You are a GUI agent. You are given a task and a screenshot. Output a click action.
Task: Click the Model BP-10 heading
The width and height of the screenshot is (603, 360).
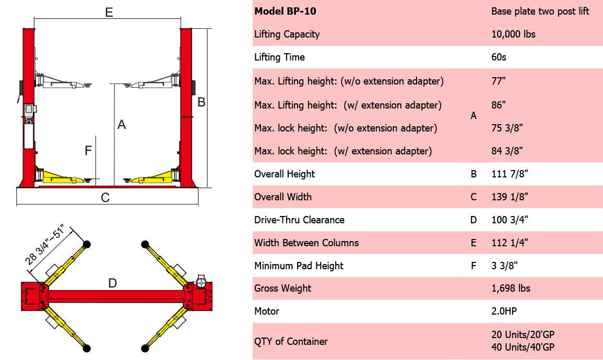(x=285, y=11)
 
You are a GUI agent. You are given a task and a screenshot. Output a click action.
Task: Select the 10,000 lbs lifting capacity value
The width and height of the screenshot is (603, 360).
(x=513, y=34)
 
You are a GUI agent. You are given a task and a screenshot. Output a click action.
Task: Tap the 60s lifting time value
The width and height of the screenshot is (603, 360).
(x=499, y=57)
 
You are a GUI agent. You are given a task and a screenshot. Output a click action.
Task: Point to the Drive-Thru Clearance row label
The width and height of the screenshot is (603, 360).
(x=299, y=220)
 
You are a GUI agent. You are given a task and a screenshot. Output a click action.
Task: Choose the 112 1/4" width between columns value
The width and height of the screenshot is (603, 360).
(x=510, y=243)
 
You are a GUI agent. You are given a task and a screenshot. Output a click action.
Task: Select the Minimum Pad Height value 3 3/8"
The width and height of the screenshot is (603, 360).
(x=504, y=266)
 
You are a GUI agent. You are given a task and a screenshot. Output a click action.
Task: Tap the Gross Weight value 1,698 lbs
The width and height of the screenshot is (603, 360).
(x=511, y=289)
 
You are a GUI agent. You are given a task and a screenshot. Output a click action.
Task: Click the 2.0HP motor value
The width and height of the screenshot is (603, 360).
(x=504, y=311)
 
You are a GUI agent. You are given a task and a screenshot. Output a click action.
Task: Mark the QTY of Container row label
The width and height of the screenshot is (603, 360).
(x=291, y=342)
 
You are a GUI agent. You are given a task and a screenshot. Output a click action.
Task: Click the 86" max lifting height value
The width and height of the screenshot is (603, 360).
(x=499, y=105)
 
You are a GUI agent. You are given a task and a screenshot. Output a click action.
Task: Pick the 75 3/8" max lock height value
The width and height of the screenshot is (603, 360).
(x=507, y=128)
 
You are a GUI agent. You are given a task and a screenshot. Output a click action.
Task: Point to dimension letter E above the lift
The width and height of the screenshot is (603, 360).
(x=109, y=13)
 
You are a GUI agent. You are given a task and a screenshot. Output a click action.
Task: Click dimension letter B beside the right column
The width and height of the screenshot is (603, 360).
(x=202, y=102)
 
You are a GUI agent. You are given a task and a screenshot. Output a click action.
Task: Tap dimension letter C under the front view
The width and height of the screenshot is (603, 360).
(x=105, y=198)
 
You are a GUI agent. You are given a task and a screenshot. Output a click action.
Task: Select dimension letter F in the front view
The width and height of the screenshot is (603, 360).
(x=88, y=151)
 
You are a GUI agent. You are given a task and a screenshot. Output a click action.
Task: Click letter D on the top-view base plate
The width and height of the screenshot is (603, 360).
(x=112, y=283)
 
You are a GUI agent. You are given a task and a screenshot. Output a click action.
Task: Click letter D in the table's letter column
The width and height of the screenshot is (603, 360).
(x=474, y=220)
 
